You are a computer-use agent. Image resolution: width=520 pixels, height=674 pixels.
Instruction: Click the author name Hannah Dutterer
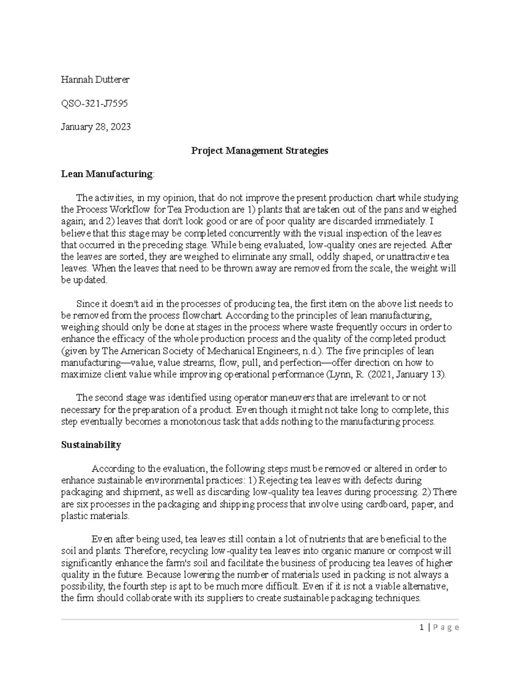[x=95, y=79]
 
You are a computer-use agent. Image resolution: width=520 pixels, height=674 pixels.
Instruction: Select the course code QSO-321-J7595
[x=94, y=103]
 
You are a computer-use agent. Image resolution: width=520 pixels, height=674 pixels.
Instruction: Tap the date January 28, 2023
[x=95, y=127]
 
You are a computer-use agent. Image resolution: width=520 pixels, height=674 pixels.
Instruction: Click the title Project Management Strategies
[x=260, y=151]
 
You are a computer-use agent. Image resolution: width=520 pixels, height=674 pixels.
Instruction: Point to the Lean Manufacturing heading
[x=107, y=174]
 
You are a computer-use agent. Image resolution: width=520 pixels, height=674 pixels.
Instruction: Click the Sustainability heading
[x=91, y=445]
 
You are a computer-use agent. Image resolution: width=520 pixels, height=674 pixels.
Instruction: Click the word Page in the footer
[x=446, y=627]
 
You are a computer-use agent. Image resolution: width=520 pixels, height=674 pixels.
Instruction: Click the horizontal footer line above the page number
[x=260, y=619]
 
